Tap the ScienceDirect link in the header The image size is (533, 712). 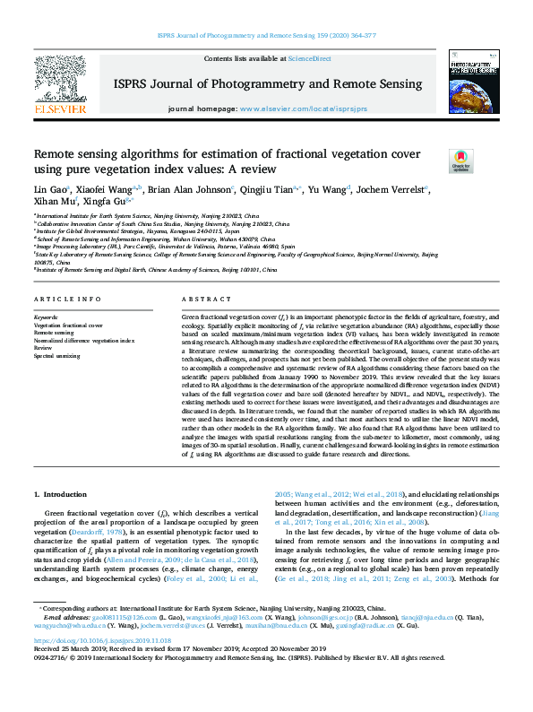coord(309,58)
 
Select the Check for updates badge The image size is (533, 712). coord(460,161)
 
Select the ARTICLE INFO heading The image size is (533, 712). coord(68,299)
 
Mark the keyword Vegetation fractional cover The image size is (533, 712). coord(68,325)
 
